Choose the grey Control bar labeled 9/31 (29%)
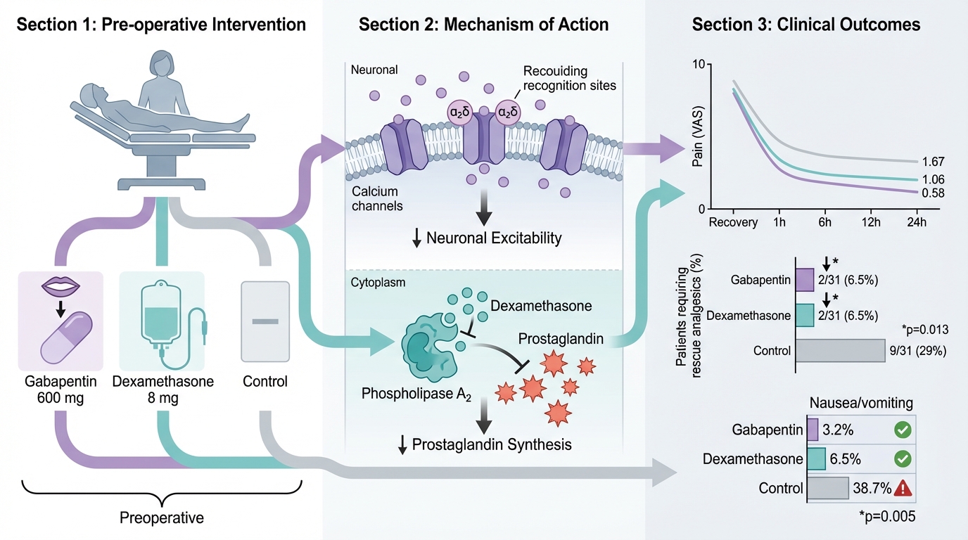coord(840,350)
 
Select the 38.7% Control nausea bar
coord(827,488)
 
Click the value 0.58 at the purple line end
coord(933,193)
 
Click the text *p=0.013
coord(924,329)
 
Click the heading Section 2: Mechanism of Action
coord(484,25)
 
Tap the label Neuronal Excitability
coord(494,238)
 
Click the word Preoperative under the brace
coord(162,518)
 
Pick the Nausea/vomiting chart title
coord(862,403)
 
